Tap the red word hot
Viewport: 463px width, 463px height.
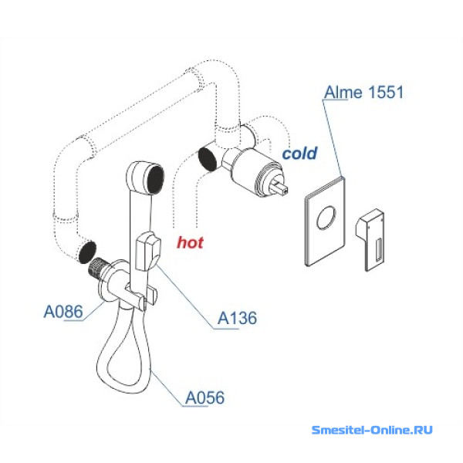coord(191,242)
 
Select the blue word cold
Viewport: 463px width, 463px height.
coord(299,154)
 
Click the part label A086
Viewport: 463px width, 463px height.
coord(63,313)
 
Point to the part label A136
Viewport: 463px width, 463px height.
coord(237,318)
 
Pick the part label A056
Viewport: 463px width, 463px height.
coord(204,398)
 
